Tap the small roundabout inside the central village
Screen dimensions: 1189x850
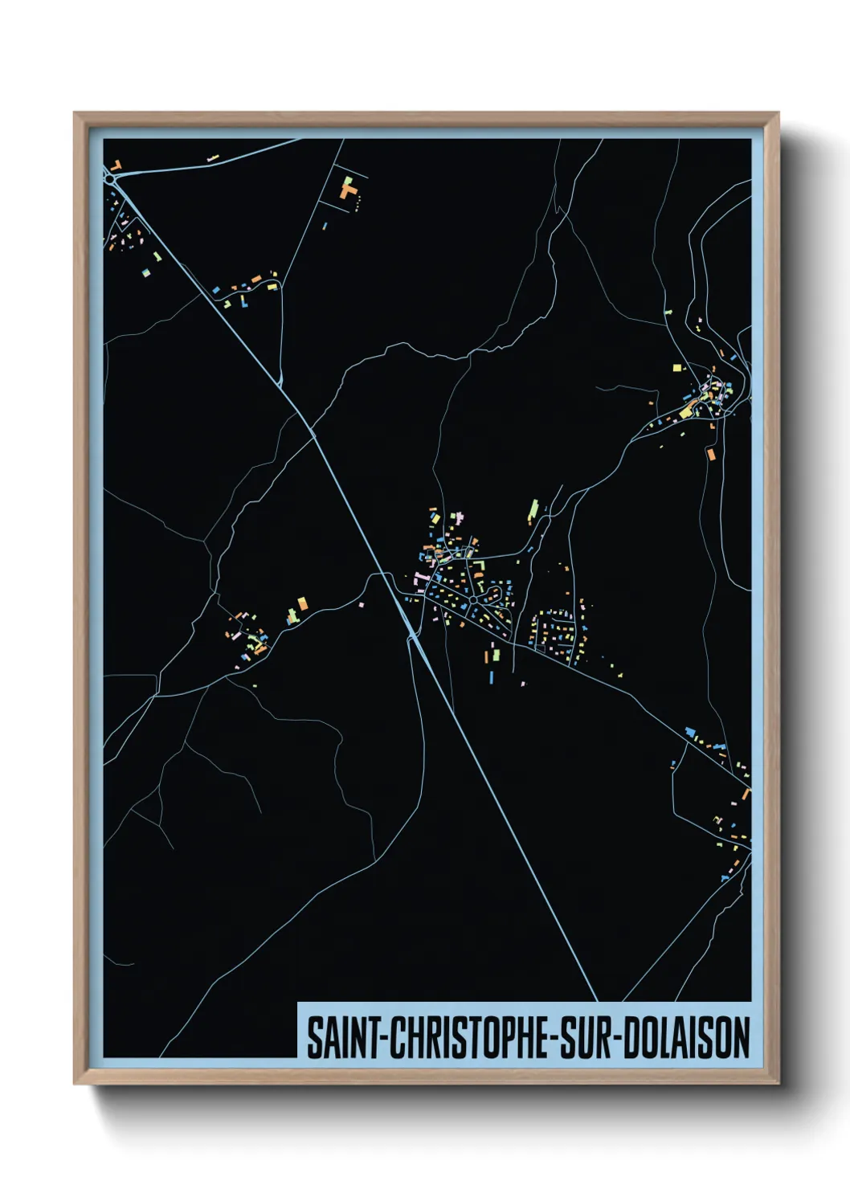[473, 599]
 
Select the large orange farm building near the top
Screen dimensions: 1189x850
[349, 191]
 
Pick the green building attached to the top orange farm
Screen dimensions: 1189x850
[348, 181]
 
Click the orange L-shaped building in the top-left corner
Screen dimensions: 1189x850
[116, 165]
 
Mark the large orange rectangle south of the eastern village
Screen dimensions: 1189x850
[710, 455]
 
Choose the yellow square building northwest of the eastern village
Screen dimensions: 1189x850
[676, 367]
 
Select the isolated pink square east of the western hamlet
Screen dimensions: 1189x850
[361, 603]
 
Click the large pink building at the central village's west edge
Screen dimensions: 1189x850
[418, 577]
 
